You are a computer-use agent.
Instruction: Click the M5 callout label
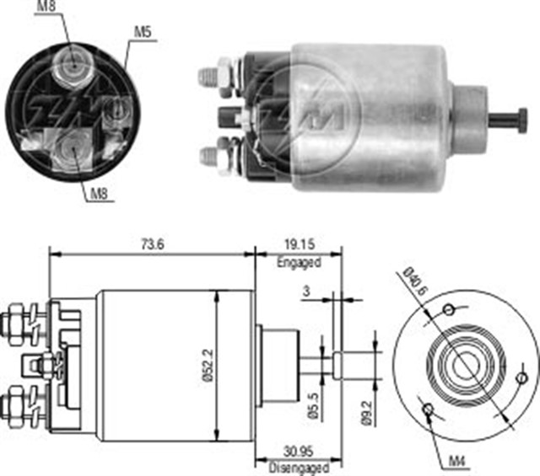pos(142,32)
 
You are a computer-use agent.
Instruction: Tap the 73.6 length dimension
pos(153,243)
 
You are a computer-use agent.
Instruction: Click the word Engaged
pos(299,262)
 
